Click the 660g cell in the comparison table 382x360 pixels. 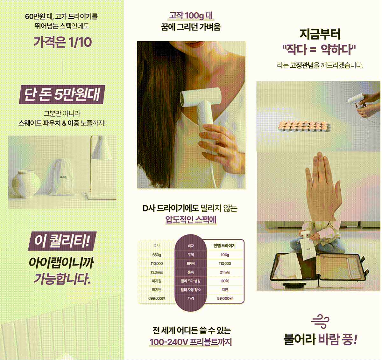click(157, 255)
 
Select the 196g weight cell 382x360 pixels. click(225, 255)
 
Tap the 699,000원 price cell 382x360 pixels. click(157, 298)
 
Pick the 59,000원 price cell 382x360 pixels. click(225, 298)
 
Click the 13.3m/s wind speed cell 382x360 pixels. click(157, 272)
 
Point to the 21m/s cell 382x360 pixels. click(225, 272)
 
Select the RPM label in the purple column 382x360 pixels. click(191, 263)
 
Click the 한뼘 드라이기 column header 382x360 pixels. click(224, 246)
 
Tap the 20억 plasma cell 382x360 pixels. click(225, 281)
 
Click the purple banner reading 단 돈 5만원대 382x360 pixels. click(62, 94)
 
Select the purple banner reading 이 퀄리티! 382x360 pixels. click(62, 241)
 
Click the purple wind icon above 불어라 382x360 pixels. click(320, 322)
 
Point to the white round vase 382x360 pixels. click(26, 184)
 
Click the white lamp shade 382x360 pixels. click(102, 148)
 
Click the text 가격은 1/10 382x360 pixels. click(63, 42)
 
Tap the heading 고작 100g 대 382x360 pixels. click(191, 16)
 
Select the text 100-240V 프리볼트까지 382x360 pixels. click(191, 342)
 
